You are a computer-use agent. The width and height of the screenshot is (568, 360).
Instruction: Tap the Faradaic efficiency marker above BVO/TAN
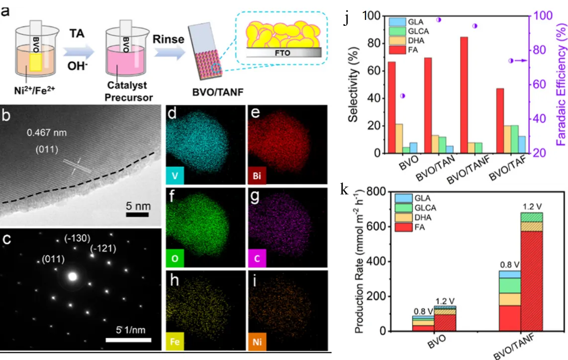click(439, 20)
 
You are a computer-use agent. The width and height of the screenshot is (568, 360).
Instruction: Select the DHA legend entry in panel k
click(409, 218)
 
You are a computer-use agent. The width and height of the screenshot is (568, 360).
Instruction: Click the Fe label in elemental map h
click(175, 343)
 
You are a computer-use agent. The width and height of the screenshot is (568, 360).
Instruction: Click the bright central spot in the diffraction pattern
click(73, 276)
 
